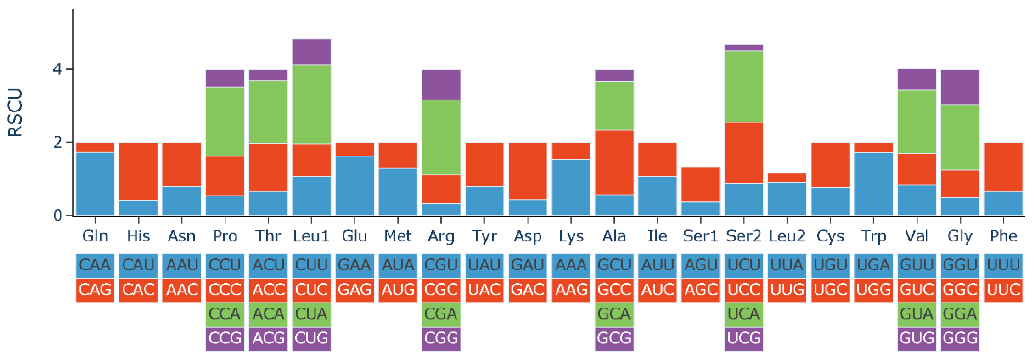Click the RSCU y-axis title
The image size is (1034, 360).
[x=15, y=113]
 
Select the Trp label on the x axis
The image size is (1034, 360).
[x=873, y=236]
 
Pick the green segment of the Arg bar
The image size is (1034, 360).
[x=441, y=137]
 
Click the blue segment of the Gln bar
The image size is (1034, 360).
[x=95, y=184]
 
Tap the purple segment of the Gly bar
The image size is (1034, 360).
[x=960, y=87]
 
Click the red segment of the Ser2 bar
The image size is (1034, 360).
[x=744, y=153]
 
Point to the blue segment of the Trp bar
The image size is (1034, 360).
[x=873, y=184]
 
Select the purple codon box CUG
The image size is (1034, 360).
[x=312, y=338]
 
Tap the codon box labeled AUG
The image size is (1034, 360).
[x=398, y=289]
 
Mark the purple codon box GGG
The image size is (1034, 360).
[x=960, y=338]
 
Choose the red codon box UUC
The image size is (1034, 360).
[x=1004, y=289]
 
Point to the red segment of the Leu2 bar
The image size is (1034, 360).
[x=787, y=177]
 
